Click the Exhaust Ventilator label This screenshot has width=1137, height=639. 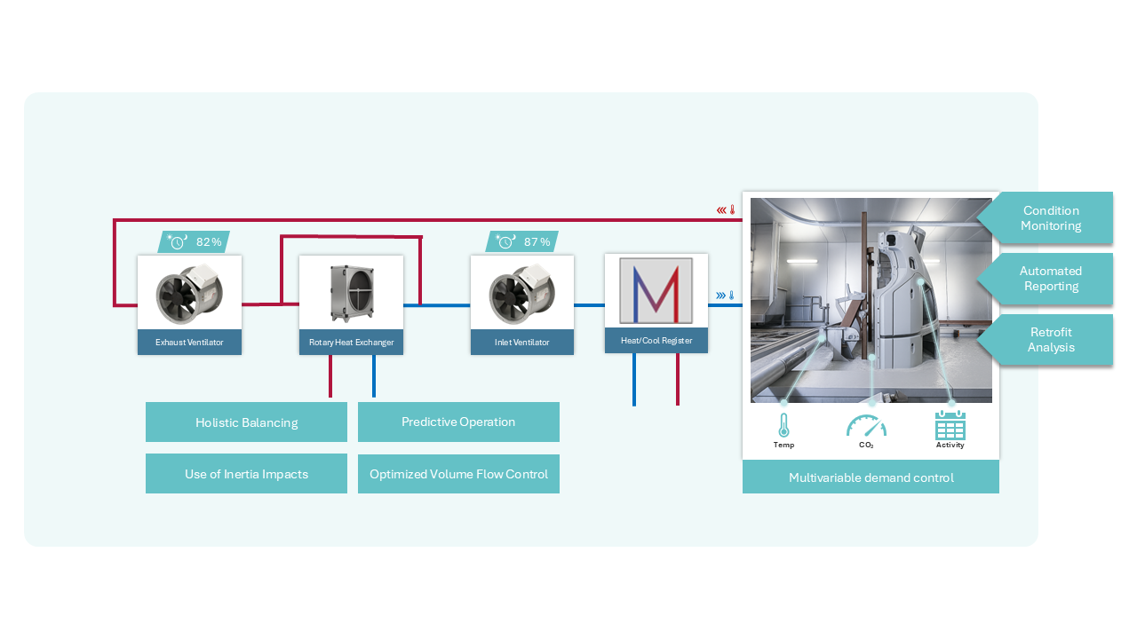click(x=189, y=342)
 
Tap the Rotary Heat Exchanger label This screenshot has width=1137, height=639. click(x=351, y=342)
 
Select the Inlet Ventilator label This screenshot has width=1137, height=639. click(x=521, y=342)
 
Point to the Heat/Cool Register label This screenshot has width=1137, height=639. click(x=656, y=340)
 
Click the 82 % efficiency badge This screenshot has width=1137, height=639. click(x=195, y=241)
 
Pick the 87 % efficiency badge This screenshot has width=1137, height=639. click(x=522, y=241)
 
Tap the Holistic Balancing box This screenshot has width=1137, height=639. click(x=246, y=422)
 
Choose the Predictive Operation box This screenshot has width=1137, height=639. click(x=458, y=422)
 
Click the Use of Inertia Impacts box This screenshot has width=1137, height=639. click(x=246, y=474)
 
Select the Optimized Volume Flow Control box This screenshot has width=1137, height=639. click(x=458, y=474)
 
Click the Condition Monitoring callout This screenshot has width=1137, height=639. click(x=1050, y=217)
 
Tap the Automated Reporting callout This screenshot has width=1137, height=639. click(x=1050, y=279)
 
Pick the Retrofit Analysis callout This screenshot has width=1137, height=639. click(x=1050, y=340)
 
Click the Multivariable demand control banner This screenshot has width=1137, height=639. click(x=871, y=477)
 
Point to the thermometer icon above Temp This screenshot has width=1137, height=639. click(x=783, y=426)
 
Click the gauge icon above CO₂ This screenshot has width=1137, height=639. click(x=866, y=426)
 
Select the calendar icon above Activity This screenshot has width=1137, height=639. click(x=950, y=426)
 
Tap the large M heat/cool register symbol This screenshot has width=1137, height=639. click(x=656, y=291)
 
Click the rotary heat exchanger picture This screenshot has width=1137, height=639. click(x=351, y=292)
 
